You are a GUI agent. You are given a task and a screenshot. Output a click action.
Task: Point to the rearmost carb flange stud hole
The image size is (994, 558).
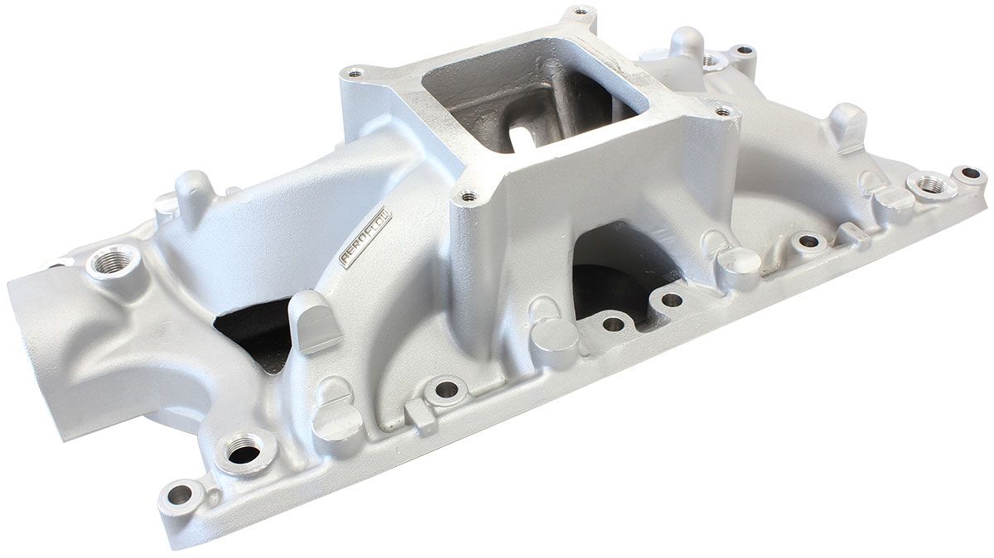[x=581, y=12]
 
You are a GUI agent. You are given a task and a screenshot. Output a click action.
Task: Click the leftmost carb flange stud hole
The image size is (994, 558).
[x=355, y=74]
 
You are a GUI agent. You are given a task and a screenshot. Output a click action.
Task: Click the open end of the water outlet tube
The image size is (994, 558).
[x=33, y=348]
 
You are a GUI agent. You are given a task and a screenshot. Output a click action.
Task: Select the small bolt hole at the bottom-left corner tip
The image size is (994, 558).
[x=178, y=494]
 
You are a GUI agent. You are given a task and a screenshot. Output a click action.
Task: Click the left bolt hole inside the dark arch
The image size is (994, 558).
[x=613, y=324]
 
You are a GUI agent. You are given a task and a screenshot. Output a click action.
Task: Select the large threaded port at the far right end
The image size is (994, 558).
[x=931, y=185]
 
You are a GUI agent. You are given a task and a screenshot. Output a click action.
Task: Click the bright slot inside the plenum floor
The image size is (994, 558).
[x=524, y=137]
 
